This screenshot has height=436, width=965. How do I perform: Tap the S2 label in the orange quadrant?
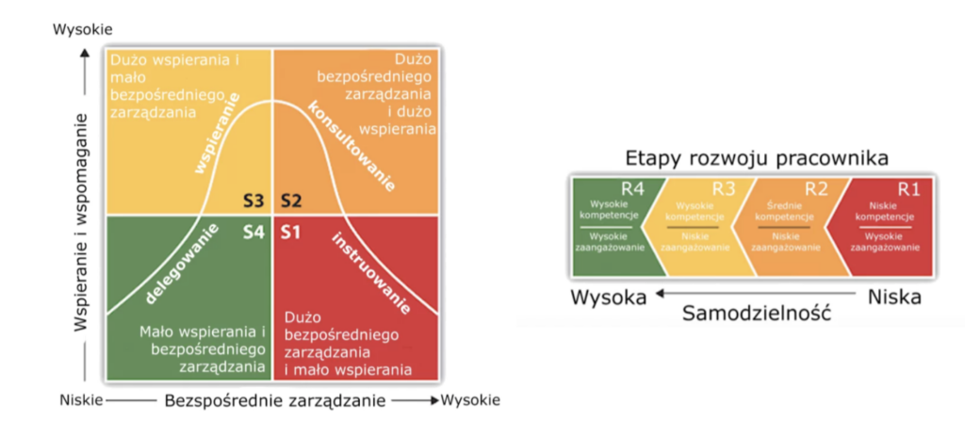coord(290,201)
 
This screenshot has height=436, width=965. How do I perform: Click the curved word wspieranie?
coord(216,145)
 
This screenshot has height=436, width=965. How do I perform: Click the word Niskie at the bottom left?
coord(80,400)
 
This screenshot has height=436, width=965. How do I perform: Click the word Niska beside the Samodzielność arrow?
coord(892,297)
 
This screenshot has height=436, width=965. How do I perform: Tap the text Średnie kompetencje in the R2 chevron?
coord(777,210)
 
